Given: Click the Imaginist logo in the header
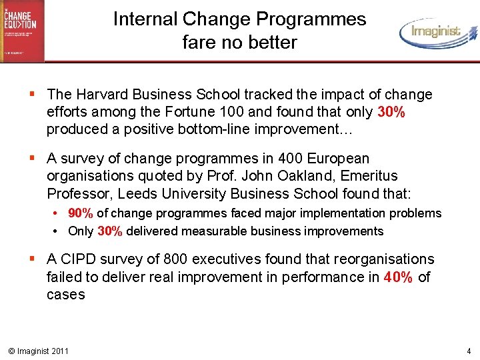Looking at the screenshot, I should pos(437,32).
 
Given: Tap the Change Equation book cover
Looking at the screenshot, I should pos(23,30).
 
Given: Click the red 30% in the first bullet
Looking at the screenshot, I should pos(391,112).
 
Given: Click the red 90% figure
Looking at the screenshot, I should pos(81,213).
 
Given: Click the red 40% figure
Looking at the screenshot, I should pos(399,277).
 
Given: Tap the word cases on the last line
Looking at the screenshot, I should pos(66,294).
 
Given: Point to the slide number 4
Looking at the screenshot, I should pos(468,351).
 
